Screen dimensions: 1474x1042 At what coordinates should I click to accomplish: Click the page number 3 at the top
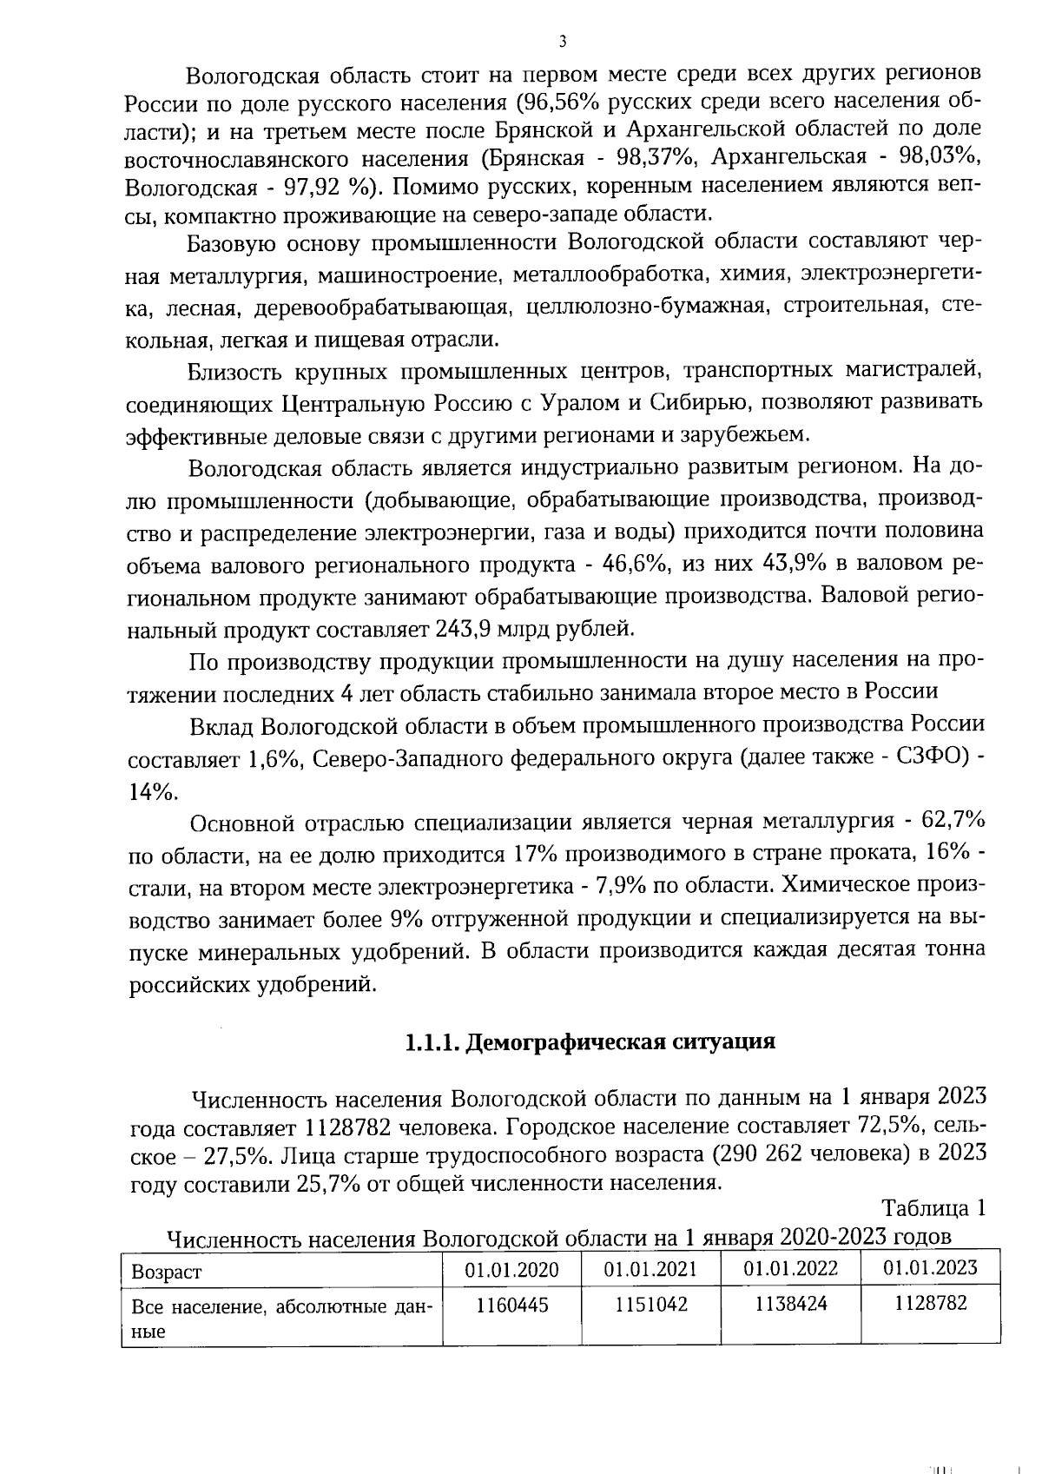pos(562,41)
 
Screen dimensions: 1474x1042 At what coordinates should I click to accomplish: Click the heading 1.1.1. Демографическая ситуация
pos(590,1042)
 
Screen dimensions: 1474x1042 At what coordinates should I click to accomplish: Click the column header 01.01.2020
pos(512,1268)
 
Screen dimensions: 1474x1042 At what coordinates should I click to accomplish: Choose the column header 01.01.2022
pos(790,1268)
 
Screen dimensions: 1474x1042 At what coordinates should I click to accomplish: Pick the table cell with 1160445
pos(512,1304)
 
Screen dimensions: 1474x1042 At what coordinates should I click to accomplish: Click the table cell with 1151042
pos(651,1304)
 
